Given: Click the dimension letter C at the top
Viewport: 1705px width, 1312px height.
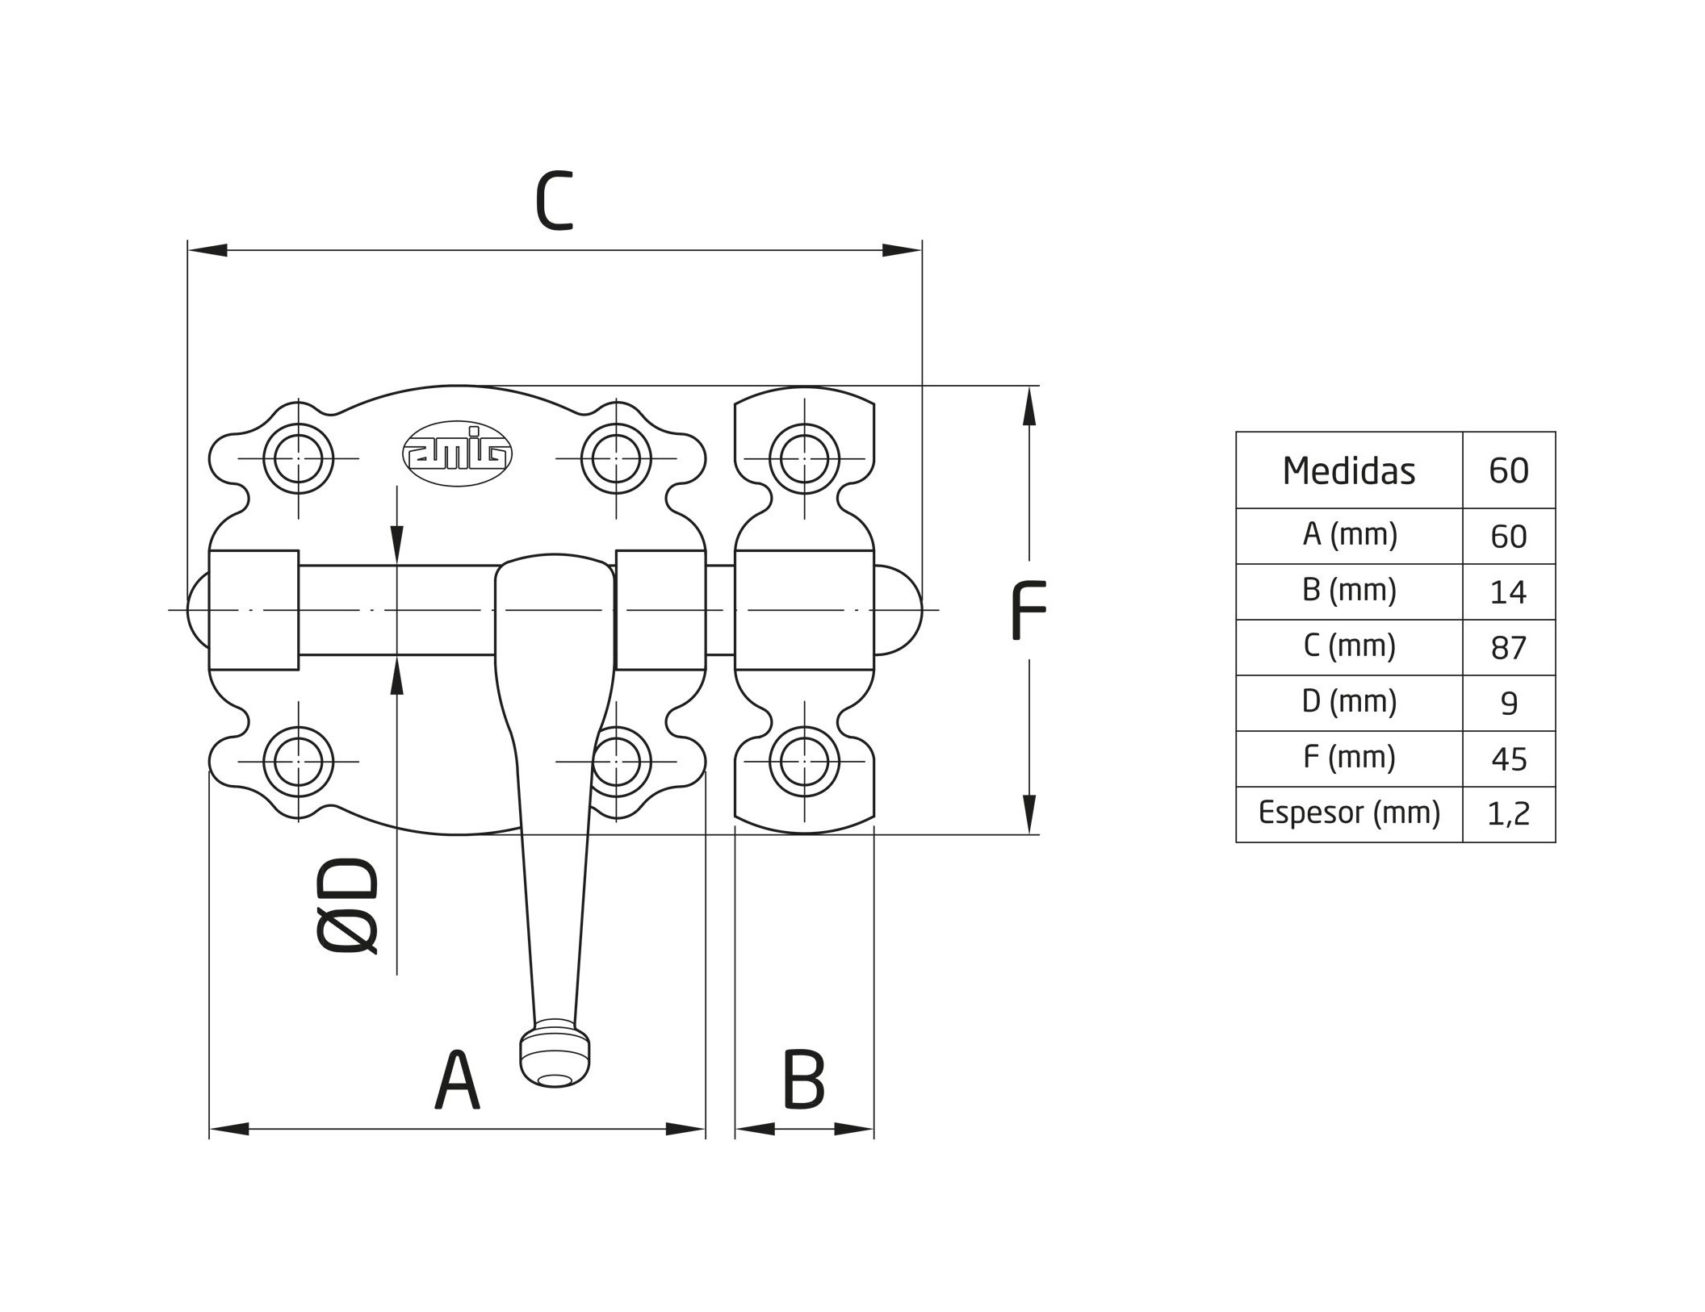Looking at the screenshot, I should coord(554,201).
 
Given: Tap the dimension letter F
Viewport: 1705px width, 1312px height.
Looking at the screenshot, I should coord(1028,610).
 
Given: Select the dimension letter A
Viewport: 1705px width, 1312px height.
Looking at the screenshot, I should coord(457,1080).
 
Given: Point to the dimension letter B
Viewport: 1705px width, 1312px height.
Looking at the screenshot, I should coord(804,1080).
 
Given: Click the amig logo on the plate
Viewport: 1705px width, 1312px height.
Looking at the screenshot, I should coord(457,453).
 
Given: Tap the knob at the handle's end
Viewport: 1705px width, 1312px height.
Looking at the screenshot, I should coord(554,1057).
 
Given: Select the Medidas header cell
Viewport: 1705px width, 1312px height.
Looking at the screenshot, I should coord(1348,470).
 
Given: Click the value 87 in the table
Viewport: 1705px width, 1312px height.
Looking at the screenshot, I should coord(1508,648).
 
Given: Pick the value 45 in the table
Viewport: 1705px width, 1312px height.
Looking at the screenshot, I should coord(1508,759).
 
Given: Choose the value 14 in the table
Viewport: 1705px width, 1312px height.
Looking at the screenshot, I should coord(1508,592).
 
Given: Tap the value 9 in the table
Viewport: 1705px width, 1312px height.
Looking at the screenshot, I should coord(1508,704).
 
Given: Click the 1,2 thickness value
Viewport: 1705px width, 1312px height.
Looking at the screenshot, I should coord(1508,814).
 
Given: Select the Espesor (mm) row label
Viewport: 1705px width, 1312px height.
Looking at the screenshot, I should coord(1348,813).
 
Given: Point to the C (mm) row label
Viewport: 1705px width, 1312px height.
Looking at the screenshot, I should coord(1348,646).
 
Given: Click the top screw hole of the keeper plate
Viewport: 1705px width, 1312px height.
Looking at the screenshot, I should coord(804,458).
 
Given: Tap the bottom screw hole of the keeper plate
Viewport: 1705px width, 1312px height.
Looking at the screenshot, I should coord(804,761).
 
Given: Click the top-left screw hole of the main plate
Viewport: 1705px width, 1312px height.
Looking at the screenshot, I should coord(299,458).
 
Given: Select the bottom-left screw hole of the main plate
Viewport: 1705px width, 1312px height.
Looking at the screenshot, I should coord(299,761).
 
